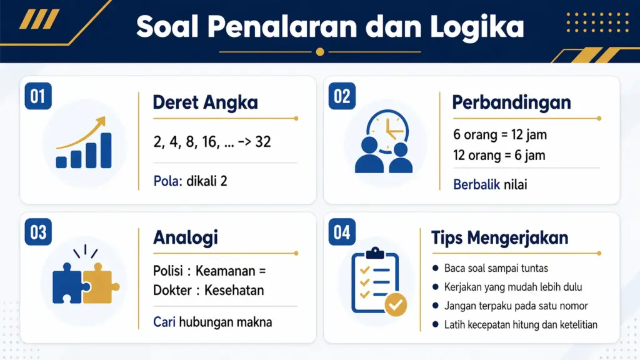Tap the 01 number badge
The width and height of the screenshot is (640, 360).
pos(38,97)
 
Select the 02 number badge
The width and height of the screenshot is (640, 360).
pos(342,97)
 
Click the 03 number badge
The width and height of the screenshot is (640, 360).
pos(38,232)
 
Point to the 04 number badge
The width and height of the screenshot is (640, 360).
pos(342,232)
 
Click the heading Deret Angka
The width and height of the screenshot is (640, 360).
pos(205,102)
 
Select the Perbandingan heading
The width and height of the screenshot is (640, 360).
pos(511,102)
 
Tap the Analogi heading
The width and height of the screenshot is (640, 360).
pos(185,238)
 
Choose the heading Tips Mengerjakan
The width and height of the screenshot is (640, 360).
pos(499,238)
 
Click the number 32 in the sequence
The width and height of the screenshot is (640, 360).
pos(263,142)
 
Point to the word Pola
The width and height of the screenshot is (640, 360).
pos(167,182)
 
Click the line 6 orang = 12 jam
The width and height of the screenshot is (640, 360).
pos(499,135)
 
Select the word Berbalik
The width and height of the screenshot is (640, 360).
pos(476,184)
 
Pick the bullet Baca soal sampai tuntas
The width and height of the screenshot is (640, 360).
pos(496,269)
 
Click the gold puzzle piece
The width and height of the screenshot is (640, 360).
pos(100,282)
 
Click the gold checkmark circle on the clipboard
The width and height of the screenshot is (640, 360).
pos(395,306)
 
